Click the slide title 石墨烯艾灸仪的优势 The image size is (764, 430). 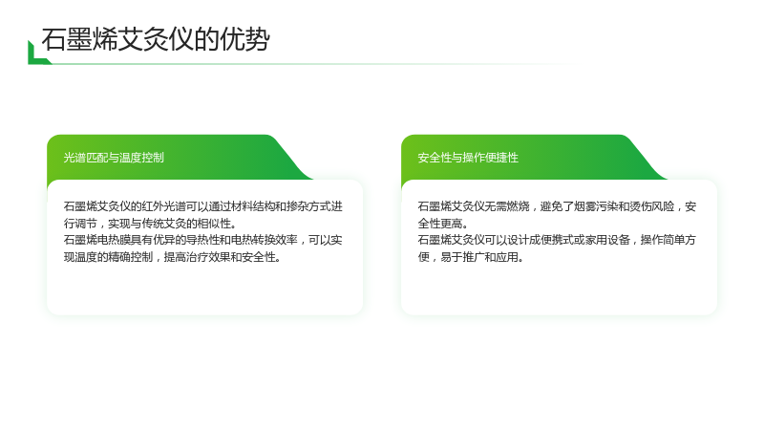pos(156,39)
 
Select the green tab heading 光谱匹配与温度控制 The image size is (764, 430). pos(114,158)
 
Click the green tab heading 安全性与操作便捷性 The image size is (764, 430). pos(468,158)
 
